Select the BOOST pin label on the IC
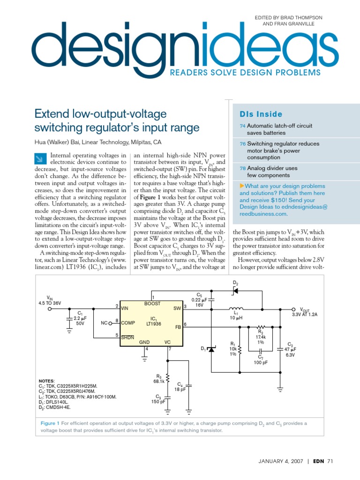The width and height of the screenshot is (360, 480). [x=152, y=304]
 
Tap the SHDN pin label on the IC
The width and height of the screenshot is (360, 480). [x=127, y=337]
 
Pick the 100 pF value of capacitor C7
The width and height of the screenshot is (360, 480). [x=261, y=363]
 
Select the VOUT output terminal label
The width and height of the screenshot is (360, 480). [x=305, y=310]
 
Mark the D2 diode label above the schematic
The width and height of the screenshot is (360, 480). [x=235, y=283]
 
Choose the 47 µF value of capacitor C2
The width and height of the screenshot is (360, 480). [x=290, y=349]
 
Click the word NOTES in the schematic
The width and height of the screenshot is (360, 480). [x=46, y=381]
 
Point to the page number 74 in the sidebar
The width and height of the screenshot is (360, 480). [x=242, y=126]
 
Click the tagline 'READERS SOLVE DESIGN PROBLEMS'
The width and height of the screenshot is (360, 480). [x=245, y=72]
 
